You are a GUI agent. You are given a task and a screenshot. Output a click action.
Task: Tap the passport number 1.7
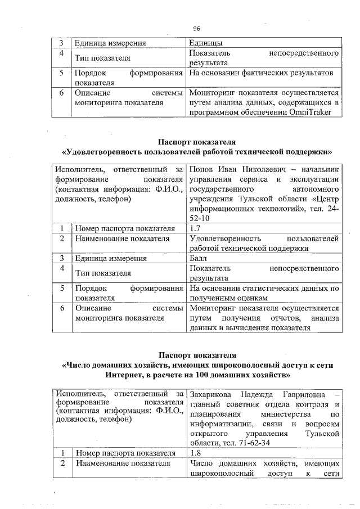195,229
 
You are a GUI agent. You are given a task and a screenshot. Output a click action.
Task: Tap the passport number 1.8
196,453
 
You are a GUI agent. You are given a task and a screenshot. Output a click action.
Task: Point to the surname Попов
201,169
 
